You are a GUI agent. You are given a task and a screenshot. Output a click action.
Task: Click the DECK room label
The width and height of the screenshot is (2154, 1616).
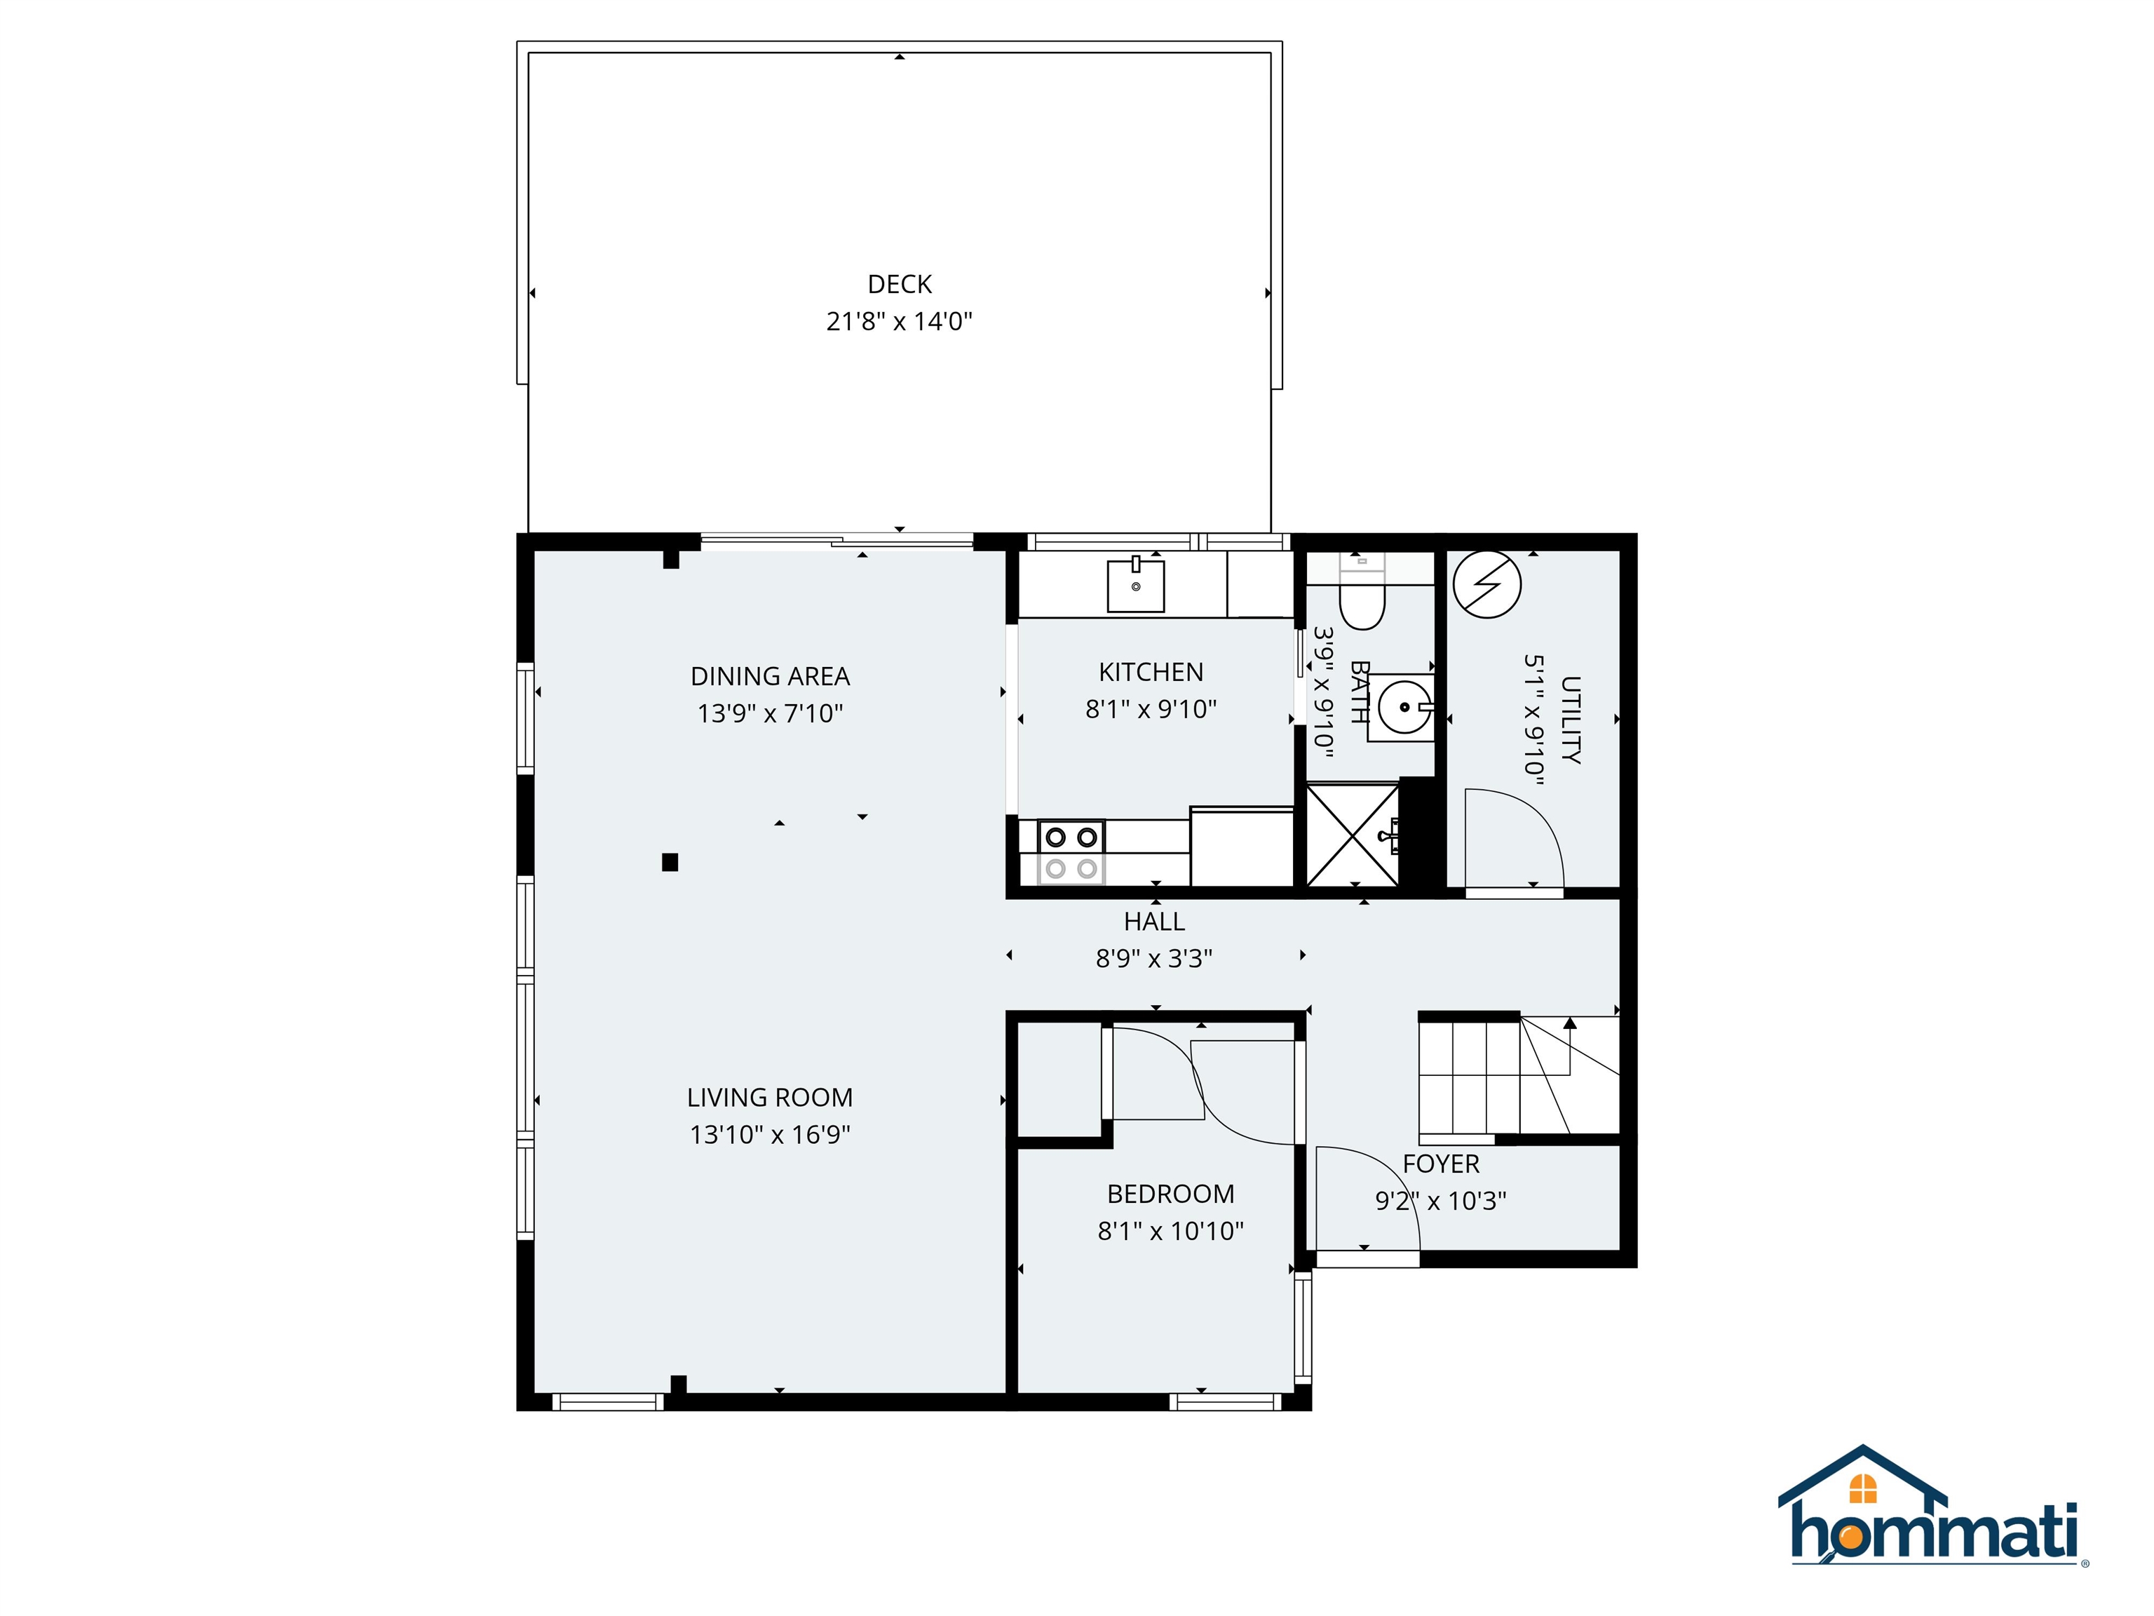pyautogui.click(x=899, y=285)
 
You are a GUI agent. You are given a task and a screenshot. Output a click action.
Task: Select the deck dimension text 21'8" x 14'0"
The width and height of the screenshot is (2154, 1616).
pyautogui.click(x=899, y=321)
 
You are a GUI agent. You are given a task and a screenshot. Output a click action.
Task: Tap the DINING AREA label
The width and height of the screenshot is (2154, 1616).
pyautogui.click(x=769, y=676)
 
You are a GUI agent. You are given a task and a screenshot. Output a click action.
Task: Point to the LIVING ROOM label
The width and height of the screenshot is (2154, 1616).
pyautogui.click(x=769, y=1097)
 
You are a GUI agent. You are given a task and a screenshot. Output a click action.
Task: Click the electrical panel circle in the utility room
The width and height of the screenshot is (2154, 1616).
pyautogui.click(x=1487, y=584)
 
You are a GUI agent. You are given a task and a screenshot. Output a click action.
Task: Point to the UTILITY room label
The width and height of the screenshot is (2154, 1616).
pyautogui.click(x=1570, y=719)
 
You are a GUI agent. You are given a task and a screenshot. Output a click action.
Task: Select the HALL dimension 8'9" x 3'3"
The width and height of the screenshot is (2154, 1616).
pyautogui.click(x=1154, y=959)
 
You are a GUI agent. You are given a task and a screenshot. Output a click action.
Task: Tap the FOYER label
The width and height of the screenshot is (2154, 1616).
pyautogui.click(x=1440, y=1164)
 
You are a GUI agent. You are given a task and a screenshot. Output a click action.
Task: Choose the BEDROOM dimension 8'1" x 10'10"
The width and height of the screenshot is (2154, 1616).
pyautogui.click(x=1170, y=1231)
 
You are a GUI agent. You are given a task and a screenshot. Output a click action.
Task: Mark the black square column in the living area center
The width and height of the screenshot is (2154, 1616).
pyautogui.click(x=670, y=862)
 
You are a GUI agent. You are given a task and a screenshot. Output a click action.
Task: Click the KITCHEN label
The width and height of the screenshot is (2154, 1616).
pyautogui.click(x=1151, y=672)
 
